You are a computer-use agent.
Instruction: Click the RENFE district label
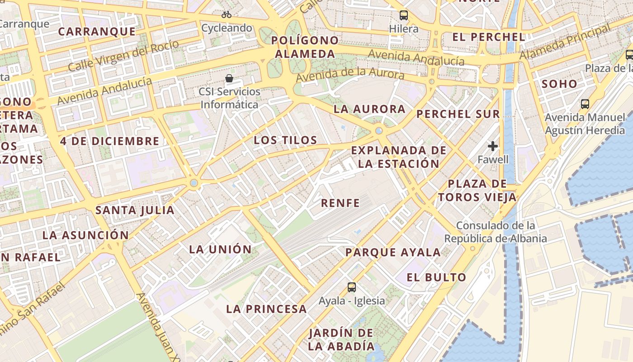click(340, 203)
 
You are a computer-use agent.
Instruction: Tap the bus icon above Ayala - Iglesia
click(351, 287)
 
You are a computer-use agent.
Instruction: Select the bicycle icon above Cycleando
click(227, 14)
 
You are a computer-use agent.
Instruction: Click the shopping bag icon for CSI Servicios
click(229, 78)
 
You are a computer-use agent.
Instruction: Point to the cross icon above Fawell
click(493, 146)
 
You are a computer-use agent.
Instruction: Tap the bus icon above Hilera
click(403, 15)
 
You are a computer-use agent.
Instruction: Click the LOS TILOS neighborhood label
click(285, 140)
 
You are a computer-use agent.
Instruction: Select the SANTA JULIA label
click(135, 210)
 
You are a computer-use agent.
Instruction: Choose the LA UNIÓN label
click(220, 249)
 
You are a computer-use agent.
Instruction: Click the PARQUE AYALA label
click(393, 252)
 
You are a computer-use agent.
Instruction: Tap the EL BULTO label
click(436, 278)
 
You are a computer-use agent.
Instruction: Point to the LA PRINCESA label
click(266, 310)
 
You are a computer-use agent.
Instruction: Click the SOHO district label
click(559, 84)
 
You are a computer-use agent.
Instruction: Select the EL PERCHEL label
click(488, 37)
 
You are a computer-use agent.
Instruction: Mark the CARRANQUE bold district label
click(97, 32)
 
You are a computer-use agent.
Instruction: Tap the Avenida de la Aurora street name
click(350, 75)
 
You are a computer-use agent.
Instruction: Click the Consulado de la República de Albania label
click(496, 232)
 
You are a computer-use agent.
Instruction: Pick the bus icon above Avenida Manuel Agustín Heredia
click(585, 104)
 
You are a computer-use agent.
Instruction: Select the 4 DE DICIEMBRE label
click(110, 141)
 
